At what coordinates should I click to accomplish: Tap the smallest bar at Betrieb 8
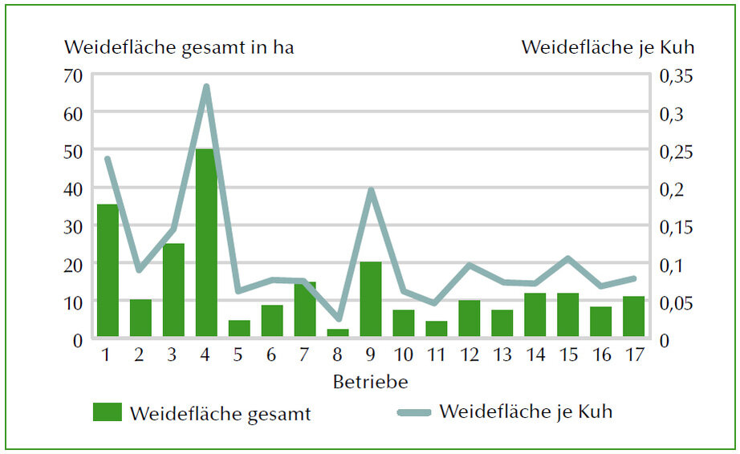pos(337,332)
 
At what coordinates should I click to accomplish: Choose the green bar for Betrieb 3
pos(173,290)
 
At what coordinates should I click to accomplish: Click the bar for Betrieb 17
pos(634,316)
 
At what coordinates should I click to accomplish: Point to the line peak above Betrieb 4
pos(206,87)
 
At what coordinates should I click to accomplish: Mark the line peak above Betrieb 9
pos(371,190)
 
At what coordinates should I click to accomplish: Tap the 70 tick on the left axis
pos(73,76)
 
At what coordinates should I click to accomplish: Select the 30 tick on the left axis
pos(73,226)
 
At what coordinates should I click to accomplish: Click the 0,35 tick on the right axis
pos(676,76)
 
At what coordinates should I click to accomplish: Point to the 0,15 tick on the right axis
pos(676,227)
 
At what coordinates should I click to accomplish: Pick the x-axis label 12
pos(470,355)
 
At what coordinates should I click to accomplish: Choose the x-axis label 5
pos(238,355)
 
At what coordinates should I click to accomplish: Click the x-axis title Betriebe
pos(370,380)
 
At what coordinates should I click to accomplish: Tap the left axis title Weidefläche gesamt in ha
pos(179,47)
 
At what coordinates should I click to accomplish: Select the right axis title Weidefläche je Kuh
pos(608,47)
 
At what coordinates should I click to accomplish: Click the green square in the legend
pos(108,413)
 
